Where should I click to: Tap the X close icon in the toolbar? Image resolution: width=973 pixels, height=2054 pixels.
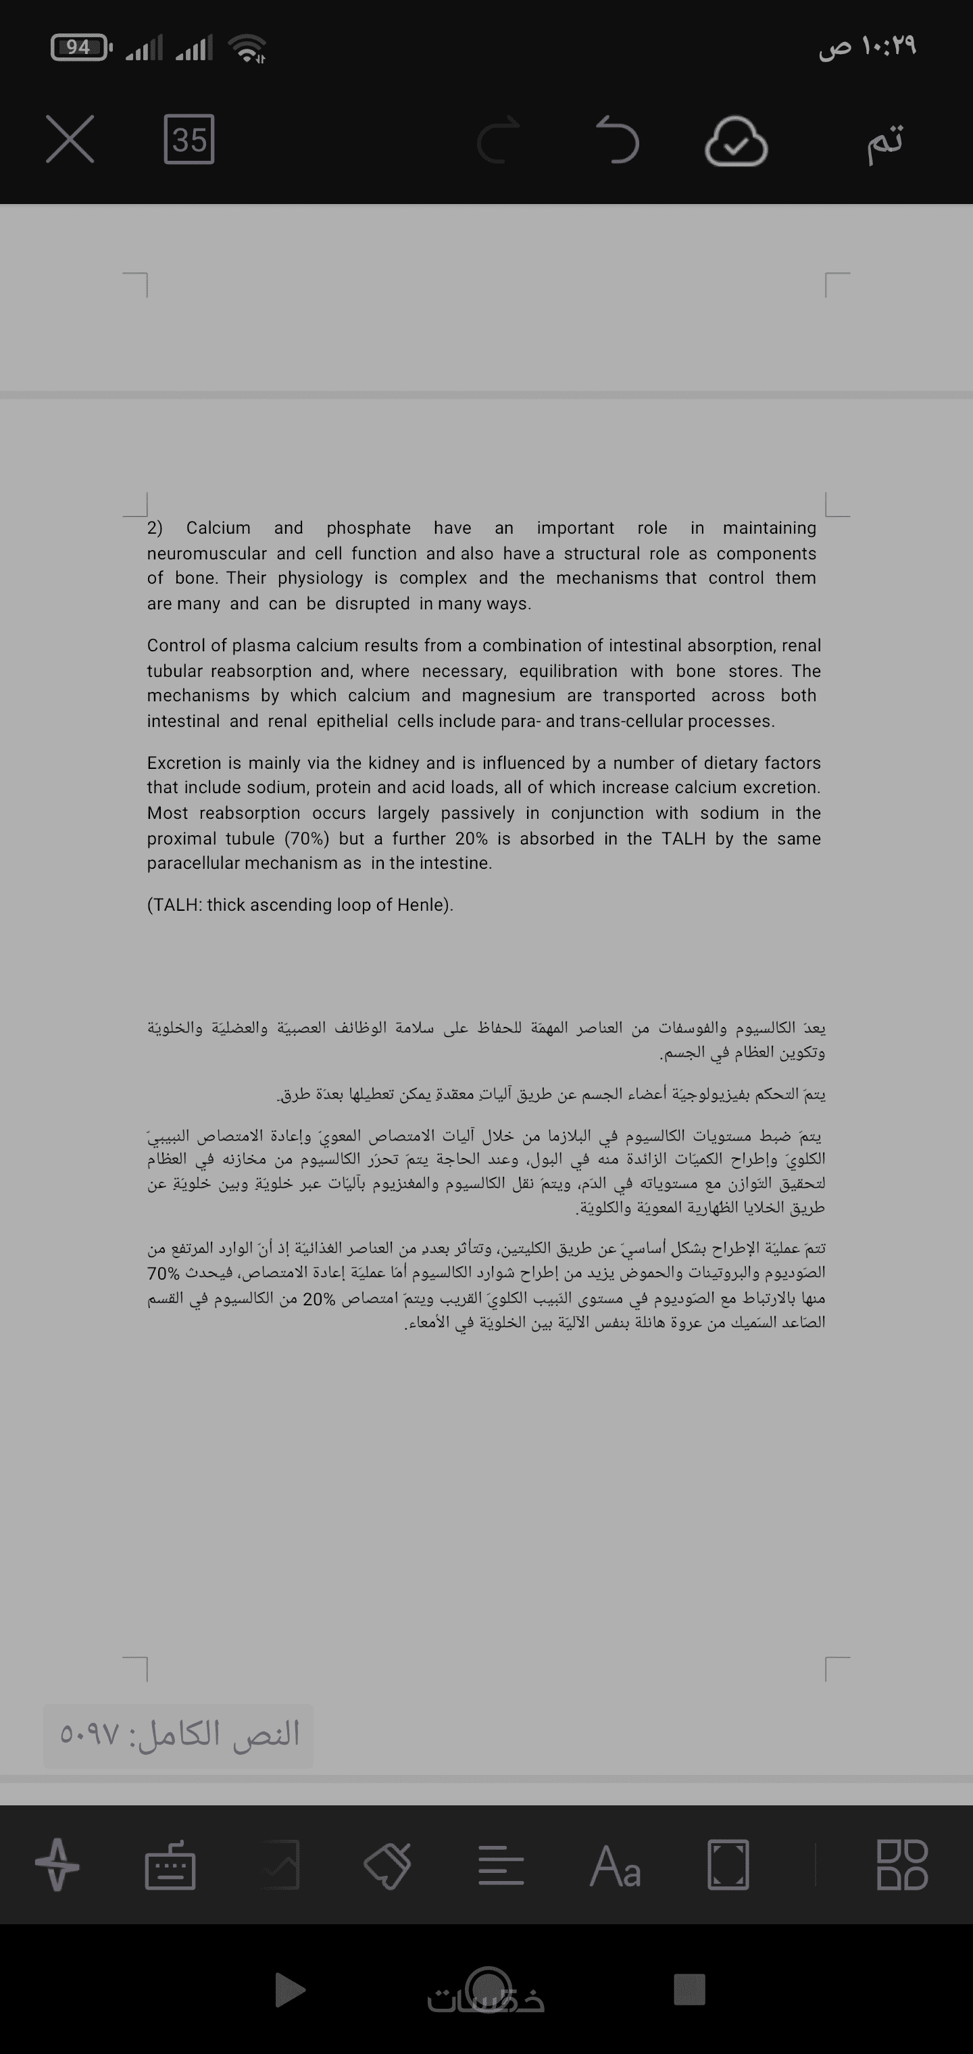coord(70,140)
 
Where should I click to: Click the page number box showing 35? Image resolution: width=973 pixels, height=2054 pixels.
coord(189,140)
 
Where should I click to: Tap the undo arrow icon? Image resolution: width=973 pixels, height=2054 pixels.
coord(618,140)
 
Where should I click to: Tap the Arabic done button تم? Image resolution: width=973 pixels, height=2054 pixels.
coord(885,140)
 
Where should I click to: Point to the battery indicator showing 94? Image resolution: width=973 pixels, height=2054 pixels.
coord(79,48)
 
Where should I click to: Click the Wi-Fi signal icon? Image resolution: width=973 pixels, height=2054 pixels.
coord(248,49)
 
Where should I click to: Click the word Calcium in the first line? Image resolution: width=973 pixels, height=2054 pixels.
coord(218,528)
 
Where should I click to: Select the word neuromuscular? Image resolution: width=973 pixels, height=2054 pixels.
coord(207,553)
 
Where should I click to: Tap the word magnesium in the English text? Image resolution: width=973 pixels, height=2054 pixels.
coord(508,695)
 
